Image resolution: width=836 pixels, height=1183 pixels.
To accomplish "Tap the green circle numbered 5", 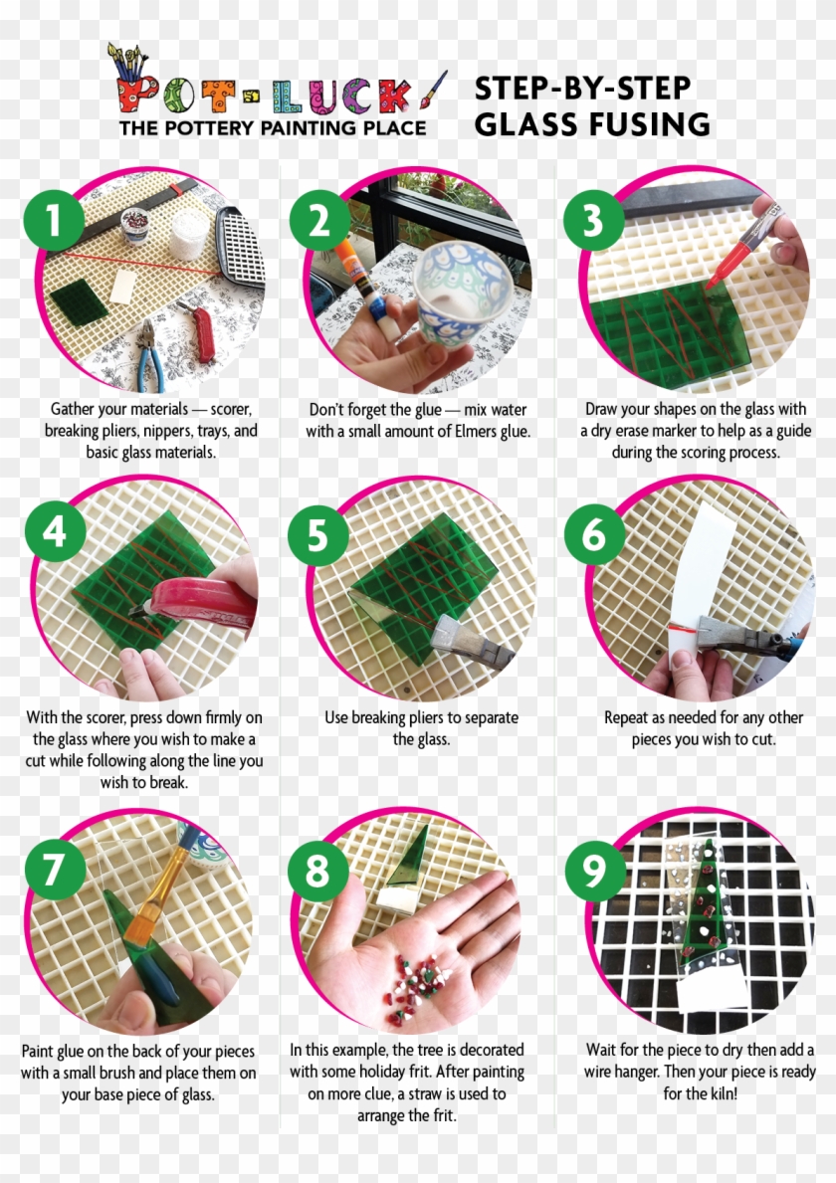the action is pyautogui.click(x=317, y=535).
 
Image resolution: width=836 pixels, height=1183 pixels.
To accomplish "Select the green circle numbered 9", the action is pyautogui.click(x=595, y=869).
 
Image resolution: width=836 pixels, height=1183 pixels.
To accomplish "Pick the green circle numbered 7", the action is pyautogui.click(x=55, y=869).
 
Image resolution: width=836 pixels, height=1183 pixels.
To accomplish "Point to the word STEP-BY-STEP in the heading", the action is pyautogui.click(x=582, y=89).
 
